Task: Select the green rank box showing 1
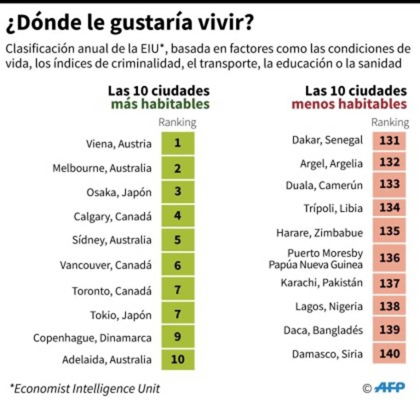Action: point(177,143)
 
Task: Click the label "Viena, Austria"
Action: point(119,144)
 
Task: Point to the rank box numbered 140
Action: point(389,353)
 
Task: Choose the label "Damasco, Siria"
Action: point(327,353)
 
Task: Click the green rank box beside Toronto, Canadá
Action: point(177,290)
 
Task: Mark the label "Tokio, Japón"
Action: point(121,315)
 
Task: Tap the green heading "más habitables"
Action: point(160,105)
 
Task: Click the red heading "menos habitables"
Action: point(349,105)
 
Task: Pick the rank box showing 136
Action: point(389,258)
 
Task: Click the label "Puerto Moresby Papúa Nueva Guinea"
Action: point(316,259)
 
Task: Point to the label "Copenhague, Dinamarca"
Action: point(92,338)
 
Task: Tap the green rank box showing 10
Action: point(177,359)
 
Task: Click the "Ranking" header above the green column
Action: point(177,122)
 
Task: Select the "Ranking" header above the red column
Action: point(390,122)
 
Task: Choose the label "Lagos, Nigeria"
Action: point(329,307)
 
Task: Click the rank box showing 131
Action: point(389,141)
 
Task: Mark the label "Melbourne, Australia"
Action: point(102,168)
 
